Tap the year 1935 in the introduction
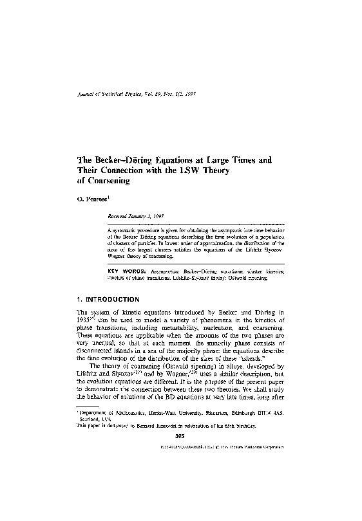(77, 325)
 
